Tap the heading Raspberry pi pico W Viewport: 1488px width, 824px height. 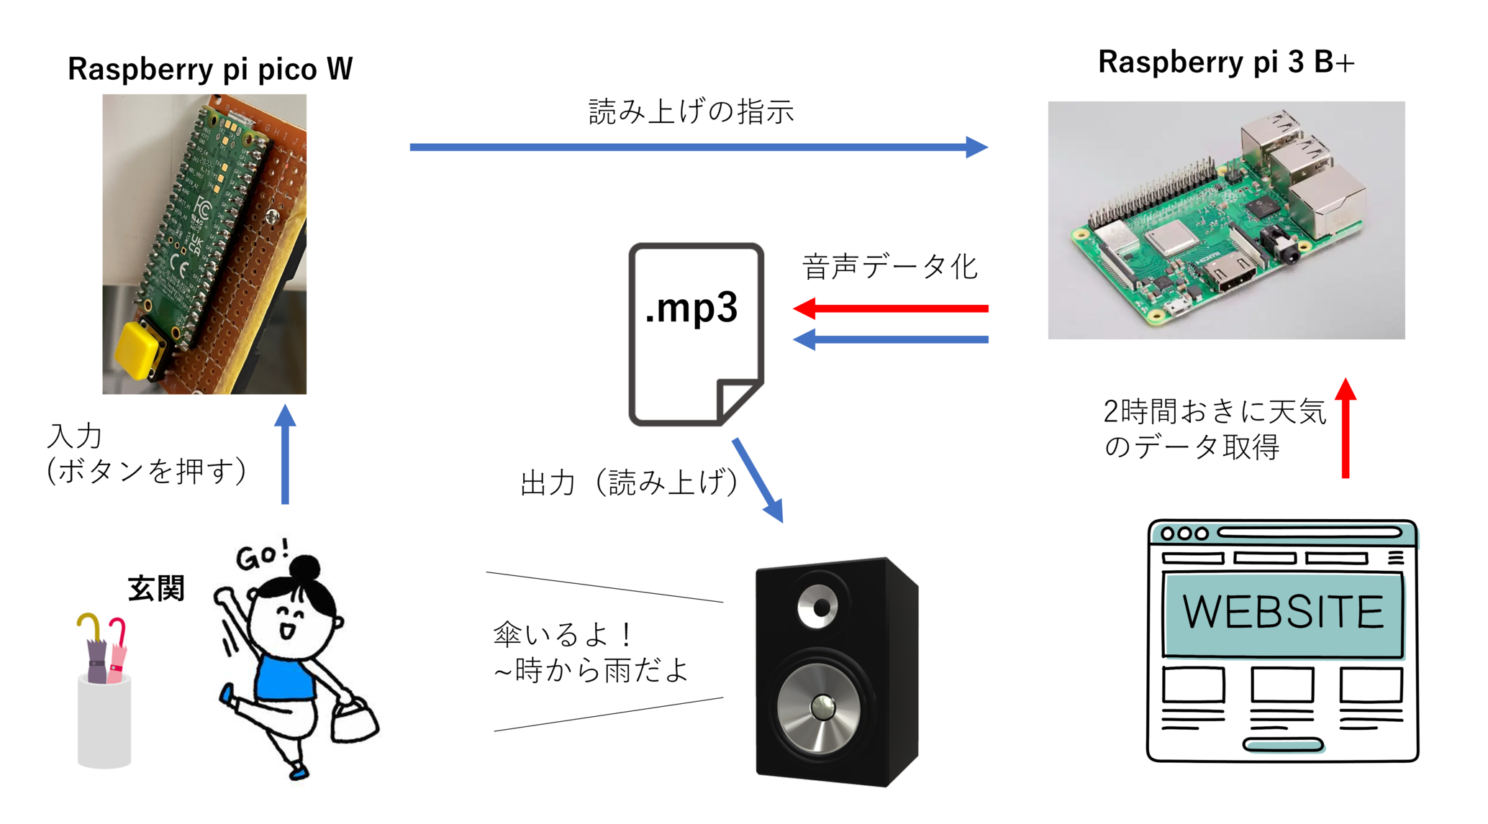pyautogui.click(x=210, y=69)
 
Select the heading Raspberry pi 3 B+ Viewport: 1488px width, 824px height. pyautogui.click(x=1226, y=62)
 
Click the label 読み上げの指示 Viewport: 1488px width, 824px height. pyautogui.click(x=691, y=112)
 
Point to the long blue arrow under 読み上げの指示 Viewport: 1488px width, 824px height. pyautogui.click(x=698, y=147)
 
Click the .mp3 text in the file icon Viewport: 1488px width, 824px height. pyautogui.click(x=691, y=308)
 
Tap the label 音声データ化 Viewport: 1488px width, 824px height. pyautogui.click(x=890, y=267)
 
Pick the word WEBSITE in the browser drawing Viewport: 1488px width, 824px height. pyautogui.click(x=1283, y=612)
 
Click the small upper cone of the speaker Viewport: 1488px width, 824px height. pyautogui.click(x=818, y=607)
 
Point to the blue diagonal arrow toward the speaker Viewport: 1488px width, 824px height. pyautogui.click(x=758, y=480)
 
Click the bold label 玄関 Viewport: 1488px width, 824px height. pyautogui.click(x=156, y=588)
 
